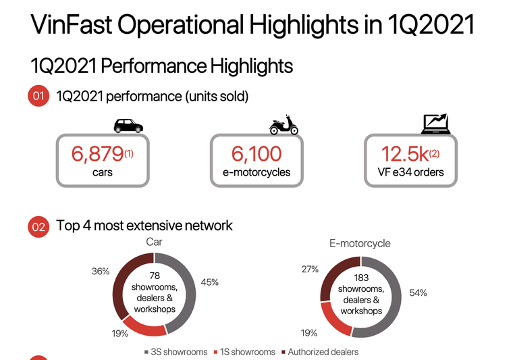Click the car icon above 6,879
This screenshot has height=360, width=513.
pos(128,126)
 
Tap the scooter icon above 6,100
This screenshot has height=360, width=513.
pos(284,126)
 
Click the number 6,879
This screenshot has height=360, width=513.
pos(98,154)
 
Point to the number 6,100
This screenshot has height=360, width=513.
pos(256,154)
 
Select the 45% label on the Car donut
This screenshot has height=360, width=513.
pos(209,282)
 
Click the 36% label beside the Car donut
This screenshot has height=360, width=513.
pos(101,271)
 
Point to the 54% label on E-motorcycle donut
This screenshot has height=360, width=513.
pos(418,293)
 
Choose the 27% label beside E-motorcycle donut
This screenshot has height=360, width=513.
pos(310,269)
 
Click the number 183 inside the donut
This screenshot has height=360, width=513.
pos(361,277)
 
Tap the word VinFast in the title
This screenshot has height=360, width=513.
pos(70,26)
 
